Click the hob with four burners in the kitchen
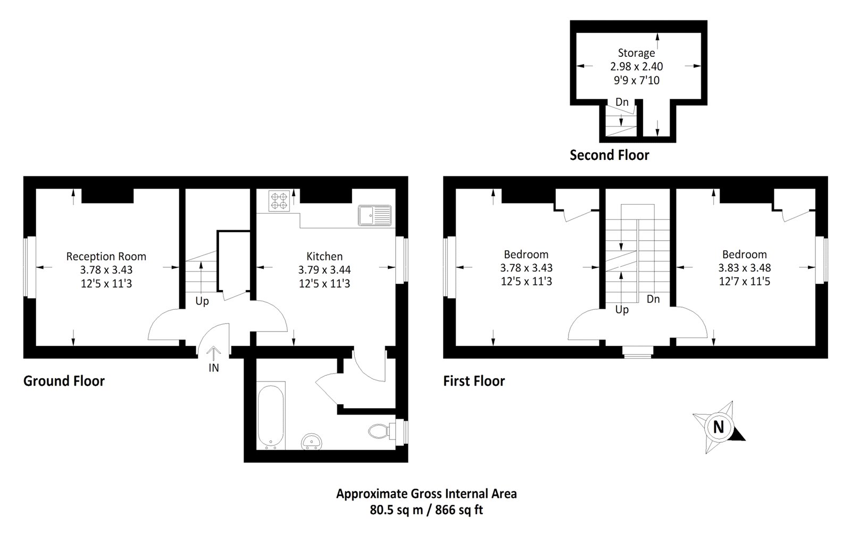pyautogui.click(x=278, y=201)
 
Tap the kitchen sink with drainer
pyautogui.click(x=374, y=216)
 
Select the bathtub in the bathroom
pyautogui.click(x=271, y=416)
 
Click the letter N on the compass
pyautogui.click(x=719, y=427)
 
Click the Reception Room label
pyautogui.click(x=106, y=257)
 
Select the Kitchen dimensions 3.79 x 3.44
pyautogui.click(x=324, y=270)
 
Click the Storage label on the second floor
pyautogui.click(x=636, y=53)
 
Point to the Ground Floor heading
pyautogui.click(x=64, y=381)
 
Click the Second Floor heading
pyautogui.click(x=610, y=155)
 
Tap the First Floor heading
pyautogui.click(x=474, y=381)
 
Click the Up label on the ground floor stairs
pyautogui.click(x=202, y=301)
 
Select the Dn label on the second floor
pyautogui.click(x=622, y=102)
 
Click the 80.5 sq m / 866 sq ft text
pyautogui.click(x=426, y=510)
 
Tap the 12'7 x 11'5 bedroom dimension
pyautogui.click(x=744, y=282)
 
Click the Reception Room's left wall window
pyautogui.click(x=29, y=267)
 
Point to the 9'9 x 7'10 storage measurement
pyautogui.click(x=636, y=80)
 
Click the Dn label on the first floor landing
pyautogui.click(x=653, y=299)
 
